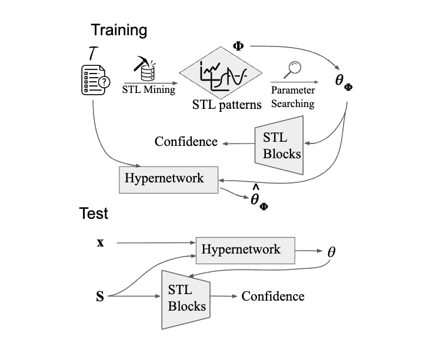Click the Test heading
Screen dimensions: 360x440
(x=94, y=214)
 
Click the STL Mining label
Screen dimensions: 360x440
(x=148, y=90)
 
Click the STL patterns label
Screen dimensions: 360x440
(x=226, y=106)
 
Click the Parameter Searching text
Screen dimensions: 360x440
(x=292, y=97)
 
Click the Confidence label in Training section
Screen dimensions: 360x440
(x=186, y=142)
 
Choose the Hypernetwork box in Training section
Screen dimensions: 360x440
(x=169, y=178)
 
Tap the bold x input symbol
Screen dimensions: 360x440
(x=101, y=242)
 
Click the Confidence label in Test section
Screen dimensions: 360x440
(x=273, y=296)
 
